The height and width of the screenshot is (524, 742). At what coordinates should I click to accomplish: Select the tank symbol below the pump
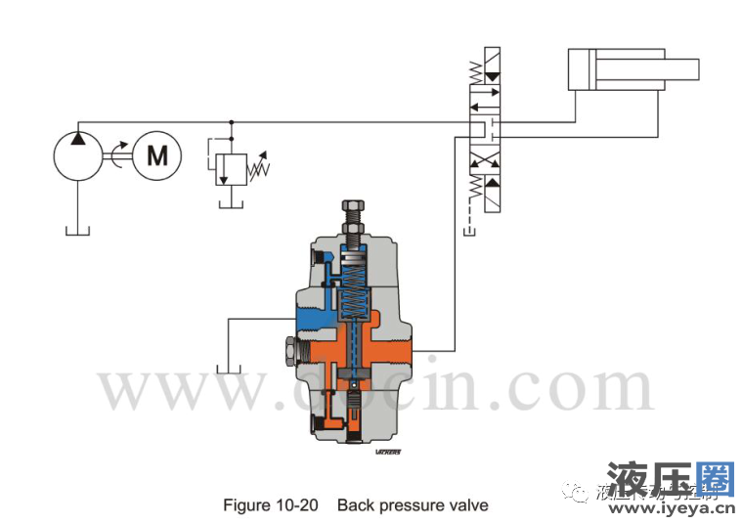pos(77,230)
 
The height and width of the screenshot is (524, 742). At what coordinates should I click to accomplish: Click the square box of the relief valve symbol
pos(231,167)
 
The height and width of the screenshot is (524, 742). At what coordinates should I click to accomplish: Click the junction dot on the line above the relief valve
pos(231,123)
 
